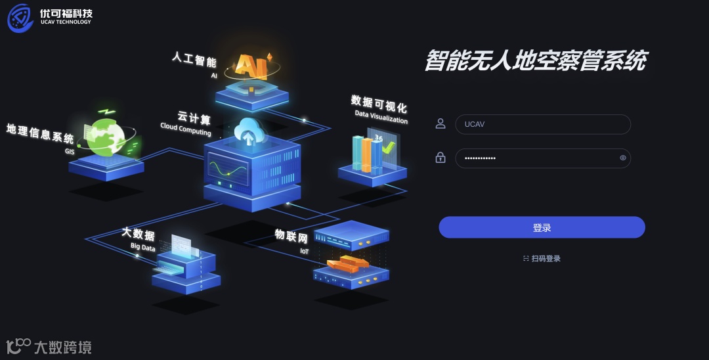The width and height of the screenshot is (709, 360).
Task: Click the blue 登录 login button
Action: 542,227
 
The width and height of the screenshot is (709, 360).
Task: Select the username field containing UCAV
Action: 542,124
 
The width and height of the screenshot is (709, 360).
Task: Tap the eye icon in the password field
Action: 622,158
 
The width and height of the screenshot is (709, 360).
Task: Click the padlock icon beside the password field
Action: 440,158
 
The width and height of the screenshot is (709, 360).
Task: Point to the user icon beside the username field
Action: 440,124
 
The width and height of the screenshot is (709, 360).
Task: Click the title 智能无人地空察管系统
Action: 535,61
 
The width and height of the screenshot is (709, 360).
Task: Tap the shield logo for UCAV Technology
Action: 20,18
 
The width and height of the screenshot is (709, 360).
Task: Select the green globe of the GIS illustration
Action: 106,137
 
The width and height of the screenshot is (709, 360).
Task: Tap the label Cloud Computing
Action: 186,129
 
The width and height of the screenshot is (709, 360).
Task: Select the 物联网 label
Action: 291,237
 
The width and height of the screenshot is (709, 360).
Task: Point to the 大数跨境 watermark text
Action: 62,347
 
